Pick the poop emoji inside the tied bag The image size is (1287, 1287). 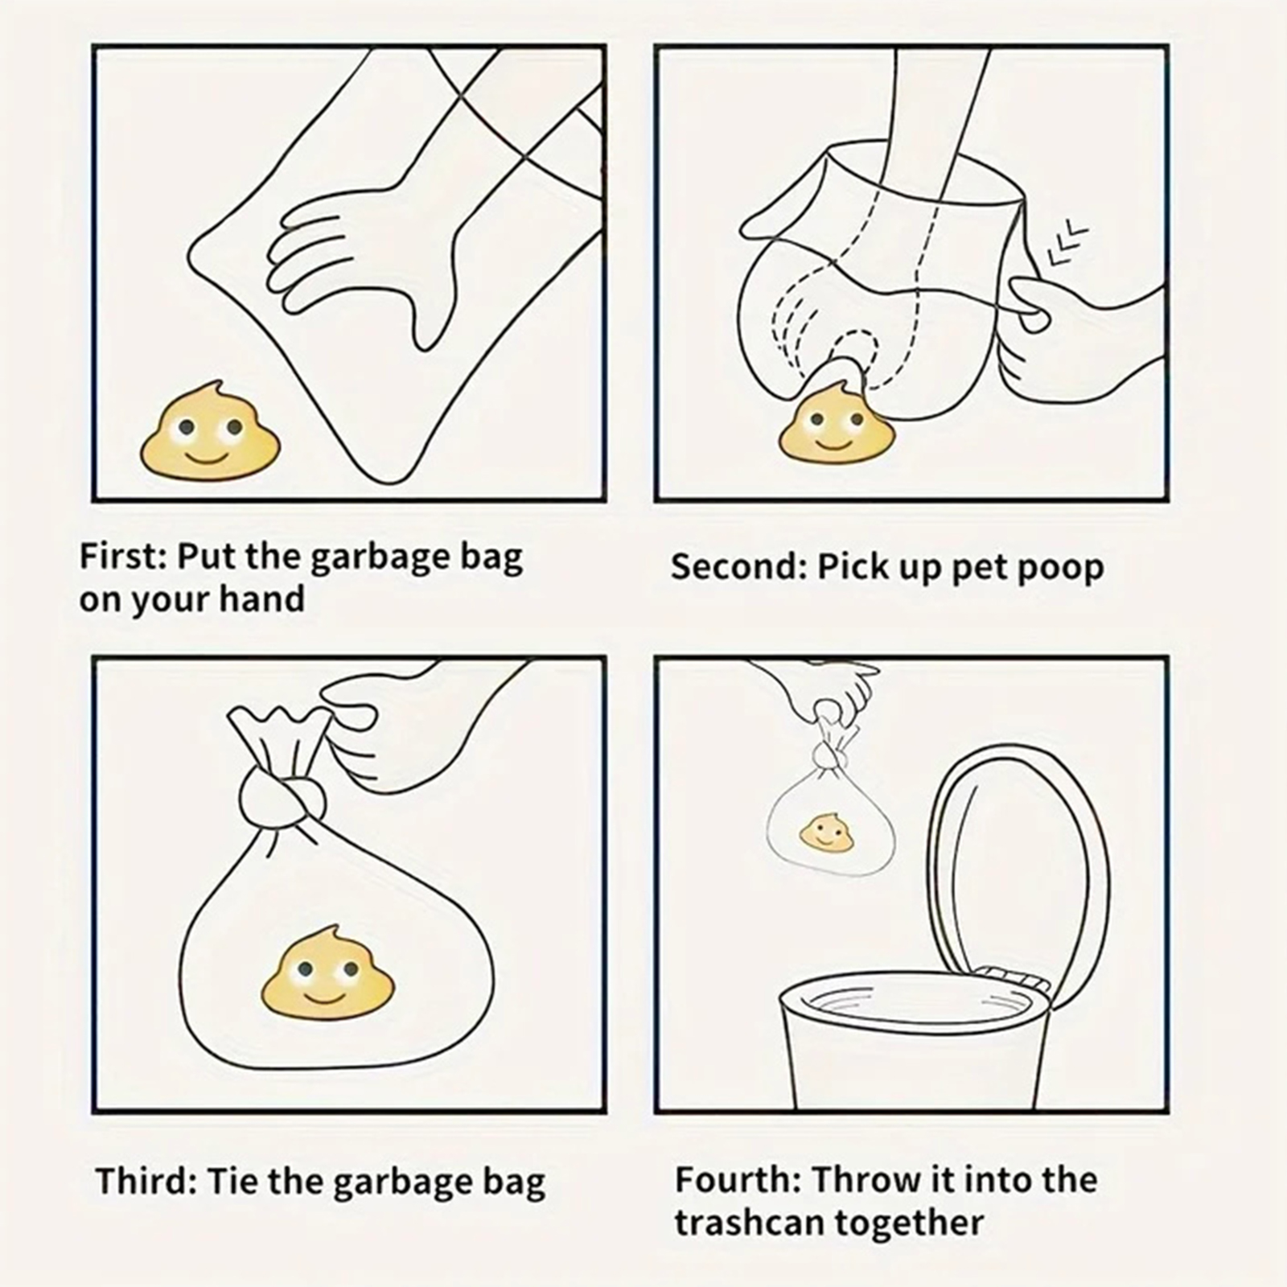pyautogui.click(x=329, y=968)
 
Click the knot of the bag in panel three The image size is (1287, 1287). pyautogui.click(x=282, y=796)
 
